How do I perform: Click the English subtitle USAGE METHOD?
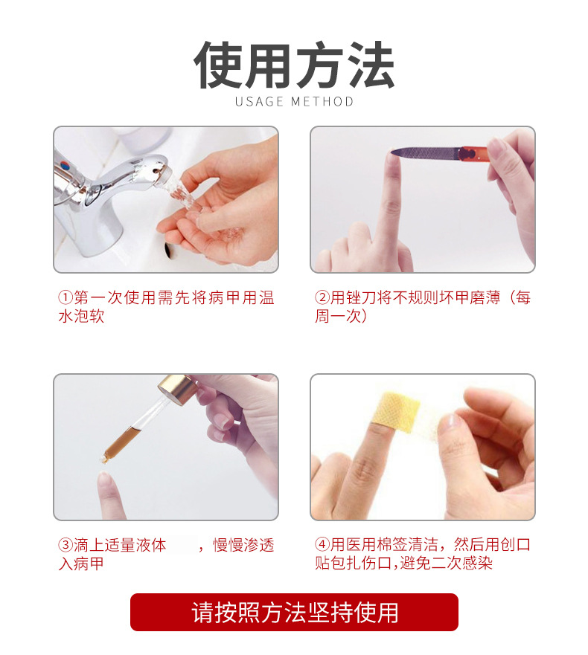click(x=294, y=102)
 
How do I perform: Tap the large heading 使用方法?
click(x=294, y=65)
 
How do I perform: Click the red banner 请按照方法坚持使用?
click(x=294, y=612)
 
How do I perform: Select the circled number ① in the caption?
click(x=65, y=298)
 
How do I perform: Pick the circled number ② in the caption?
click(x=322, y=298)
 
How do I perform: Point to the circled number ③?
click(x=65, y=545)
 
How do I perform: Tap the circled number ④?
click(x=322, y=545)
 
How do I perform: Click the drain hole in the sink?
click(x=168, y=249)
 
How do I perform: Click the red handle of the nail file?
click(x=473, y=153)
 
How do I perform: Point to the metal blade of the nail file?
click(x=424, y=153)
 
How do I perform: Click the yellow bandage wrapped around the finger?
click(x=396, y=410)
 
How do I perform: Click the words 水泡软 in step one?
click(x=81, y=316)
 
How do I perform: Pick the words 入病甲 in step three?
click(x=81, y=564)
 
